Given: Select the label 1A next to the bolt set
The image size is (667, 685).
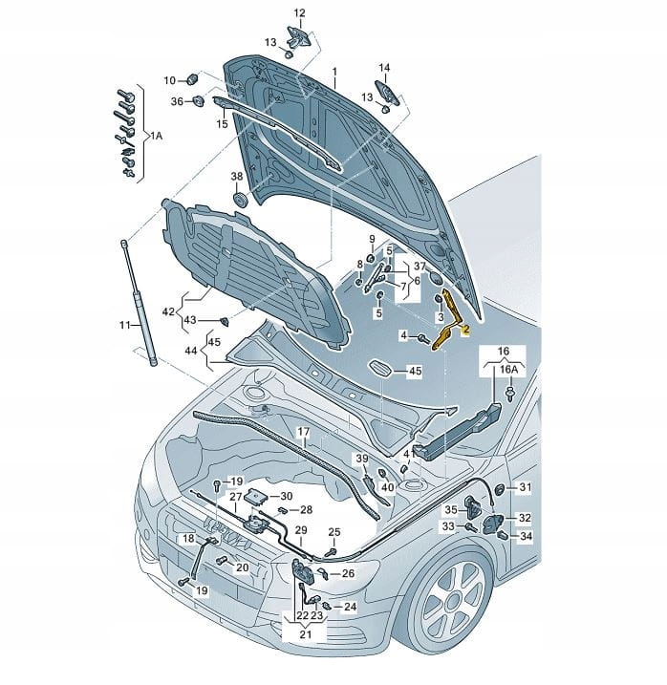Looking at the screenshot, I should pos(157,137).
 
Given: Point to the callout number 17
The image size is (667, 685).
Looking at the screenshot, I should pos(302,432).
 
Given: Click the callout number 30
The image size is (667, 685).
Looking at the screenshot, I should pos(287,496).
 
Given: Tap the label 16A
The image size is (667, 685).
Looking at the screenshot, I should pos(509,370).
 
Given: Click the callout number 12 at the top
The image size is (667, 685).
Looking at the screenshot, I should pos(298,12).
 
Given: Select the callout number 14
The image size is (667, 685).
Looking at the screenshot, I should pos(384,68).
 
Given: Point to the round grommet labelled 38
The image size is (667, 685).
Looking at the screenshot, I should pos(240,200).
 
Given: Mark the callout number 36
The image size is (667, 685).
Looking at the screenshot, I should pos(177,101).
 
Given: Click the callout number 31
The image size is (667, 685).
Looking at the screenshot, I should pos(525,487).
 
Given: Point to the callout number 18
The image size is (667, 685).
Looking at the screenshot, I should pos(189,539).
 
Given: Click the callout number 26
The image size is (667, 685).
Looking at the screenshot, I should pos(348,573).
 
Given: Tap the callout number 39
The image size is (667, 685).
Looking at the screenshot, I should pos(362,460).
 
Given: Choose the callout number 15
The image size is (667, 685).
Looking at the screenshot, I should pos(222,123).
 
